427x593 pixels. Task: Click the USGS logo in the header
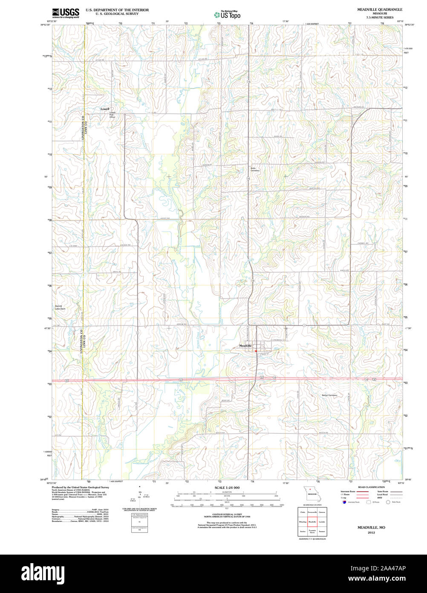[66, 13]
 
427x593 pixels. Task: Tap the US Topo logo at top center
[227, 14]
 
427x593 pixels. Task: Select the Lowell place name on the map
[105, 109]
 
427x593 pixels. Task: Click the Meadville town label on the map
[245, 345]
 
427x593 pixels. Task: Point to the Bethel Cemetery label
[329, 395]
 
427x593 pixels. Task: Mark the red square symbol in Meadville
[256, 351]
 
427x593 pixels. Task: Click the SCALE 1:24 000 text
[227, 488]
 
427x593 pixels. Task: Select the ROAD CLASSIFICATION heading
[371, 487]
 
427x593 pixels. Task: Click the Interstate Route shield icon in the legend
[344, 502]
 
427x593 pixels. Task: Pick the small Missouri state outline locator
[312, 494]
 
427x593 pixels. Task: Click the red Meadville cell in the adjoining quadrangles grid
[312, 522]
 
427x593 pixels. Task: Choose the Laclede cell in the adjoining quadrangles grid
[322, 522]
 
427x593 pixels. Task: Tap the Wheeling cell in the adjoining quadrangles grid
[303, 522]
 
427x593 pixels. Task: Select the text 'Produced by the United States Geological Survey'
[80, 487]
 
